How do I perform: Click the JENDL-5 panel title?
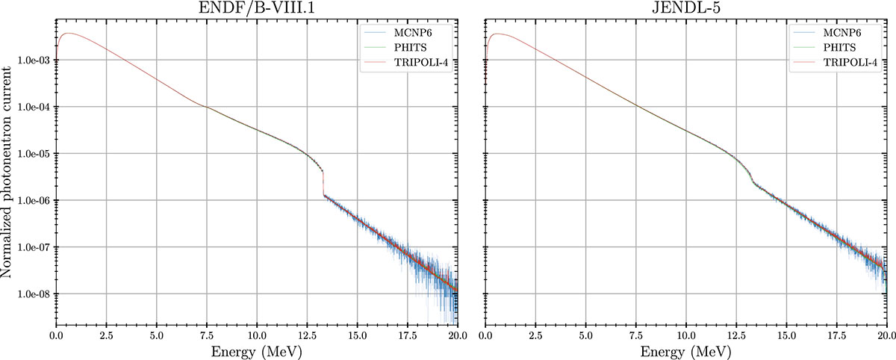(685, 10)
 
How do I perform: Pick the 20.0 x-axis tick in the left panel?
(457, 333)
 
